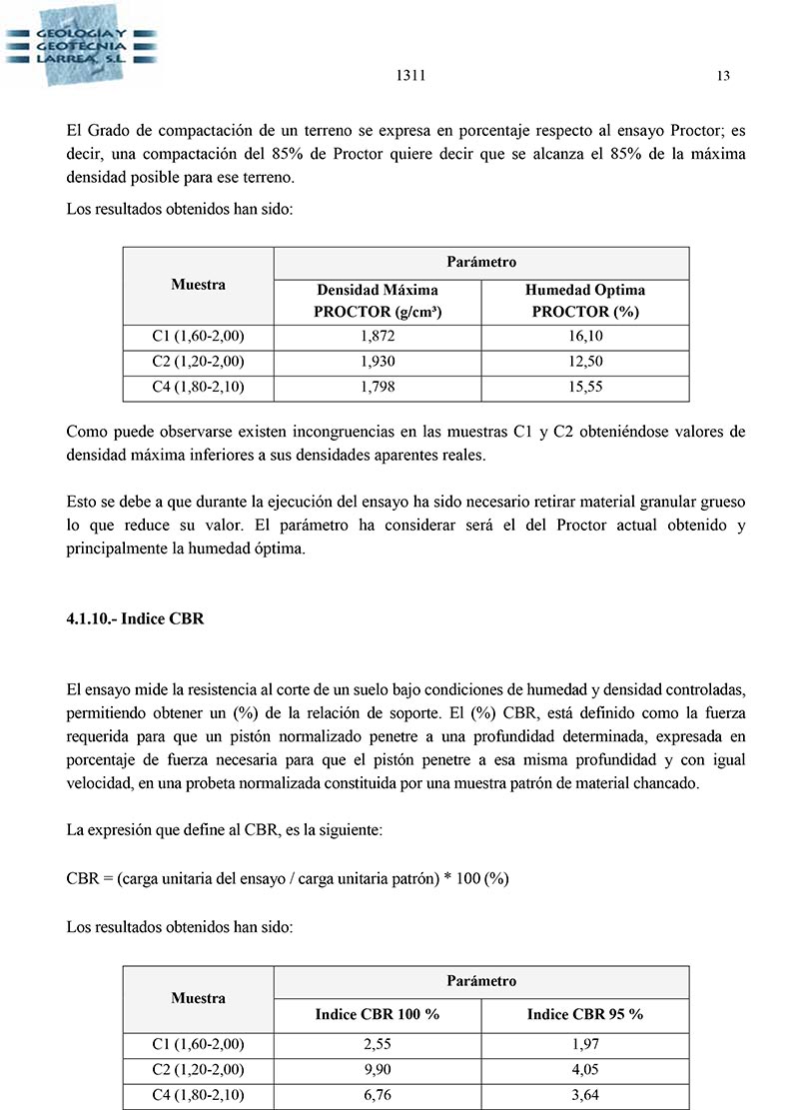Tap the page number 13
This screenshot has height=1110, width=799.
click(x=724, y=76)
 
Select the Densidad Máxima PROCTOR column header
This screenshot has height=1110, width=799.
click(x=378, y=301)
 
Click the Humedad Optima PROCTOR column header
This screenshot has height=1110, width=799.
click(x=585, y=301)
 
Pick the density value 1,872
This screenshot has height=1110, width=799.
click(x=378, y=338)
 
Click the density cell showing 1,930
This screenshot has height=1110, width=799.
click(x=378, y=362)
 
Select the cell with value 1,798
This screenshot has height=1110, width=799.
click(x=378, y=386)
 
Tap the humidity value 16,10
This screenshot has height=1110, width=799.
click(x=585, y=338)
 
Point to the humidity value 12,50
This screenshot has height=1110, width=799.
click(x=585, y=362)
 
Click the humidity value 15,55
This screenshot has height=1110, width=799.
click(x=585, y=386)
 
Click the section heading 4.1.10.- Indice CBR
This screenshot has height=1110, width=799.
click(x=135, y=618)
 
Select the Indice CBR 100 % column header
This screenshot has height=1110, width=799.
click(x=378, y=1014)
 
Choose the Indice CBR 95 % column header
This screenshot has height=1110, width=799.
click(x=585, y=1014)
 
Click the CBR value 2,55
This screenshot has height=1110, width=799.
click(x=378, y=1045)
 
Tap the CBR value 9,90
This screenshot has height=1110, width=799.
click(x=378, y=1070)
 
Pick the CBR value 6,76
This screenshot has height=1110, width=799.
click(x=378, y=1095)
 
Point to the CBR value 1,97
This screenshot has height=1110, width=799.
click(x=585, y=1045)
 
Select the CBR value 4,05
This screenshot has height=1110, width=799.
click(x=585, y=1070)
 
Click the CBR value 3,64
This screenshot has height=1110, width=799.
click(x=585, y=1095)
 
